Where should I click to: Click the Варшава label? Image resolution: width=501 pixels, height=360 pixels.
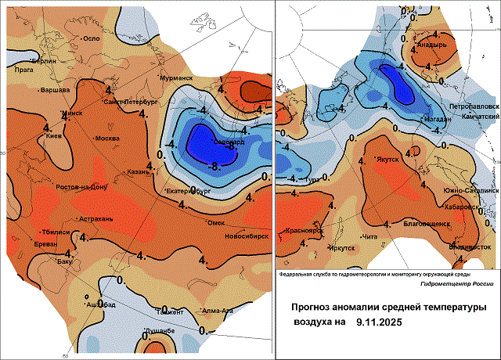click(56, 90)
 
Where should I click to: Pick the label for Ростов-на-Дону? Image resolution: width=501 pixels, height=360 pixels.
click(81, 188)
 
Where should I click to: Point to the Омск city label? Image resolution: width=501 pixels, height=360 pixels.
click(215, 200)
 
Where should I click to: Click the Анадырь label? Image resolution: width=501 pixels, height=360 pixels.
click(431, 45)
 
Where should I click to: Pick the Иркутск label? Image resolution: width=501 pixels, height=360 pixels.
click(342, 247)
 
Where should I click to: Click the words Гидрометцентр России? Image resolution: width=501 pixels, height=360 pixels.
click(449, 285)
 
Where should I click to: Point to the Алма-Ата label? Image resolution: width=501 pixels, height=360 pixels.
click(217, 311)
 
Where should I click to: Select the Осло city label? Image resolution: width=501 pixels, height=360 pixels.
click(92, 38)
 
